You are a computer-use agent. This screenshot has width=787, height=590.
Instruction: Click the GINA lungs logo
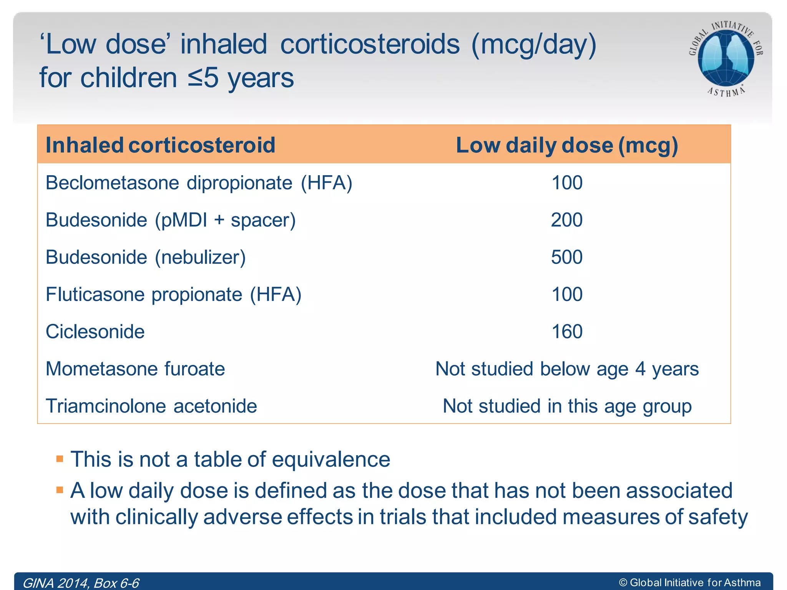tap(726, 58)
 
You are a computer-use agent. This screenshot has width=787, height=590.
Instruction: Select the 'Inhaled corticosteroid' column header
tap(160, 145)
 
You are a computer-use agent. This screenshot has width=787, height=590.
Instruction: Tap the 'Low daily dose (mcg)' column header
tap(567, 145)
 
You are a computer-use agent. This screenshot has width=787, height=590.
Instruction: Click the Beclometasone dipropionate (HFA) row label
tap(199, 183)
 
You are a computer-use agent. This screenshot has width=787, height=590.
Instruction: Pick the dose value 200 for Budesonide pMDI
tap(567, 220)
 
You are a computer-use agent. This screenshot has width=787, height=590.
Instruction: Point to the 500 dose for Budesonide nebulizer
tap(567, 257)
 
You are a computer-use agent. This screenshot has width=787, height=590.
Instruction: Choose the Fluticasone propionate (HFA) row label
tap(173, 295)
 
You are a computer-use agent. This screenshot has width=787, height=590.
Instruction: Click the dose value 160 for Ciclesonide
tap(567, 332)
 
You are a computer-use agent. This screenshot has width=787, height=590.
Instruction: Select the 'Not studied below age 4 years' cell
tap(567, 369)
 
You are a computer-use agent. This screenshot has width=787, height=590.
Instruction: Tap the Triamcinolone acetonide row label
tap(151, 406)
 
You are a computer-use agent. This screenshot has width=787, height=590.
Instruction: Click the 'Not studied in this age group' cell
tap(567, 406)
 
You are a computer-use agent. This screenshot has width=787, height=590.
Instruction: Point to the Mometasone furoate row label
tap(135, 369)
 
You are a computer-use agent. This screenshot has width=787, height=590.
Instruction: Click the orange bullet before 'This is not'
tap(60, 459)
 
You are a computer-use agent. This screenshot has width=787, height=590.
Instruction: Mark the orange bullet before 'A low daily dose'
tap(60, 490)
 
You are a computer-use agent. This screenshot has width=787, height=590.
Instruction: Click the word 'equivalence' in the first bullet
tap(331, 459)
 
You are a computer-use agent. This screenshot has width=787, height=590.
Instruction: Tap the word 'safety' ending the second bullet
tap(718, 517)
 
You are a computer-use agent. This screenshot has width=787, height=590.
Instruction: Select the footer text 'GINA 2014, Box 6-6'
tap(81, 583)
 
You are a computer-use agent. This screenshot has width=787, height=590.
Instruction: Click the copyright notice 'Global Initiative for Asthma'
tap(690, 583)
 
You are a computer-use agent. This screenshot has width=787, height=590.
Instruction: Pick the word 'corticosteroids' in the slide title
tap(370, 45)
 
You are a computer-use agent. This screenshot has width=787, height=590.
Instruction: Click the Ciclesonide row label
tap(95, 332)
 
